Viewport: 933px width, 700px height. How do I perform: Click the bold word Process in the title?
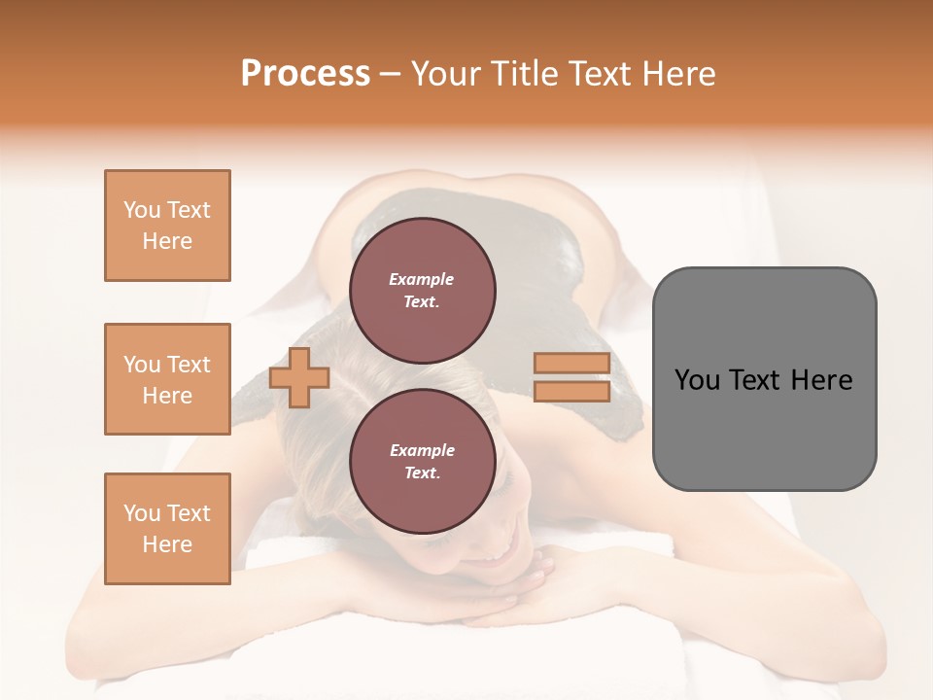(305, 74)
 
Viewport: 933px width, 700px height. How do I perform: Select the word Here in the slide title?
(676, 74)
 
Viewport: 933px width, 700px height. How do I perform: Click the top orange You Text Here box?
(167, 226)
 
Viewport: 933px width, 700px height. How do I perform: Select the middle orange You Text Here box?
(167, 379)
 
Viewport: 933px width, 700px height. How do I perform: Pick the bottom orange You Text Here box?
(167, 529)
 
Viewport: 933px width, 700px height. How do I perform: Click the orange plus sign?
(299, 378)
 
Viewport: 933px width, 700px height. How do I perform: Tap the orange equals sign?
(571, 377)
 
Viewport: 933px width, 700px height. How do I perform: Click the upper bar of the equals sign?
(571, 364)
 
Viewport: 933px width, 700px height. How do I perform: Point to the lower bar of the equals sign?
(571, 391)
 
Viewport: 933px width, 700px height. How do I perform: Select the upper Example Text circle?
(422, 290)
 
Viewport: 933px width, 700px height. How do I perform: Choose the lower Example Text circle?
(422, 461)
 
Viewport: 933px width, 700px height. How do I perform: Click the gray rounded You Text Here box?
(764, 379)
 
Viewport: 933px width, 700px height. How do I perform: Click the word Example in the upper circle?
(422, 279)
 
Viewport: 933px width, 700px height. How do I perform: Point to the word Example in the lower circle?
(422, 450)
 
